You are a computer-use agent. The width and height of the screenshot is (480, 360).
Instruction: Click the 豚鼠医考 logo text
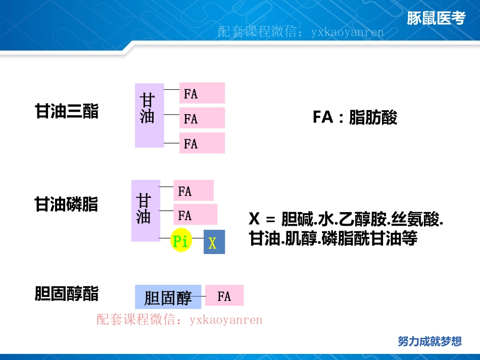tap(436, 19)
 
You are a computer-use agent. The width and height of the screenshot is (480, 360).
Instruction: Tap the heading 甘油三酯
tap(66, 112)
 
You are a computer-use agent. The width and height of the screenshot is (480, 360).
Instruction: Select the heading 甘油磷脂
tap(66, 204)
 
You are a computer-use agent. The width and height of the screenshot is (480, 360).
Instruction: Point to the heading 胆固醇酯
tap(66, 294)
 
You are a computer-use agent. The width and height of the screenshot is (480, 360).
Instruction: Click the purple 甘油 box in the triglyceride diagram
tap(149, 115)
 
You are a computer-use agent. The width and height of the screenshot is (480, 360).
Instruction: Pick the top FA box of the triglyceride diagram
tap(202, 93)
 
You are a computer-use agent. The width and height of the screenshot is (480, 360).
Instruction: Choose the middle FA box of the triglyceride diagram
tap(202, 119)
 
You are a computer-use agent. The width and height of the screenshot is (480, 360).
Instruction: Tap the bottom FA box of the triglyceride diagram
tap(202, 143)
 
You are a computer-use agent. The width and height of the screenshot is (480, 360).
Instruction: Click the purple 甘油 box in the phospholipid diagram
tap(146, 211)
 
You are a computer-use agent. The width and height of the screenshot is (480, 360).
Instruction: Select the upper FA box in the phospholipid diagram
tap(193, 191)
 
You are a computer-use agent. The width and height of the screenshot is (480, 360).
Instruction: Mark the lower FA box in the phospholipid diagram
tap(195, 215)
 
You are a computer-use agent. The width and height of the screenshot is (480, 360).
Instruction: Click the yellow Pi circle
tap(180, 242)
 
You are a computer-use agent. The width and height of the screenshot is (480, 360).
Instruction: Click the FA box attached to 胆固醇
tap(224, 296)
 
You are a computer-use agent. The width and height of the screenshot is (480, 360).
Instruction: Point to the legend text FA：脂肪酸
tap(355, 118)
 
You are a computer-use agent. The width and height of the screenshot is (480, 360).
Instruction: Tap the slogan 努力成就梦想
tap(429, 341)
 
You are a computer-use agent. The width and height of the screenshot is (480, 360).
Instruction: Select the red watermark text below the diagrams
tap(179, 320)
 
